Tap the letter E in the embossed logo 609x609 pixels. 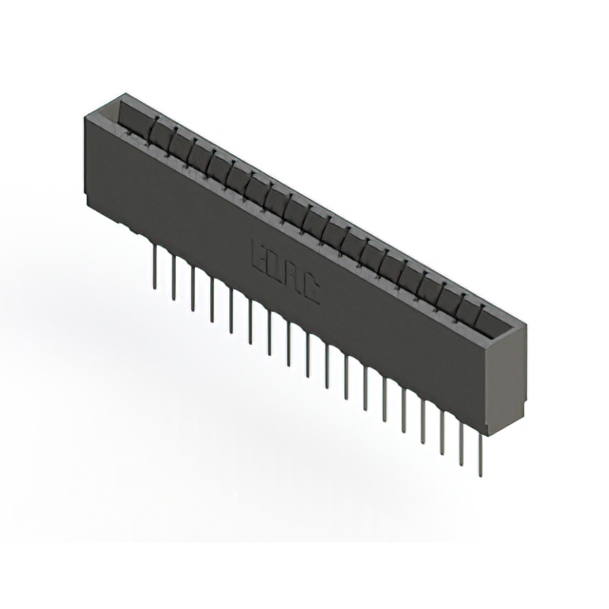tap(258, 254)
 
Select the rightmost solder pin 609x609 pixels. tap(482, 447)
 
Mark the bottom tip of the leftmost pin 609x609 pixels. tap(153, 283)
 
